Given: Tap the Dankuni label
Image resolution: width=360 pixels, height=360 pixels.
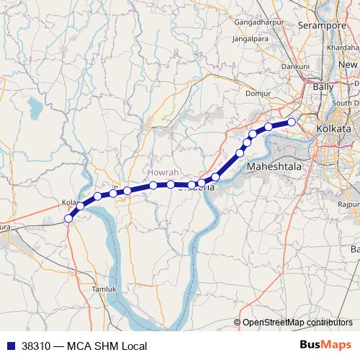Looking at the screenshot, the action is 295,66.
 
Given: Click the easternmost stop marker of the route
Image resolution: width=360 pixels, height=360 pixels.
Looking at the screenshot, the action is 292,122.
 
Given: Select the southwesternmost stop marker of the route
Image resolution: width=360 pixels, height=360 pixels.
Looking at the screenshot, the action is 68,218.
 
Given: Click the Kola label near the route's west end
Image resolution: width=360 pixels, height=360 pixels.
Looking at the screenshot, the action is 69,203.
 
